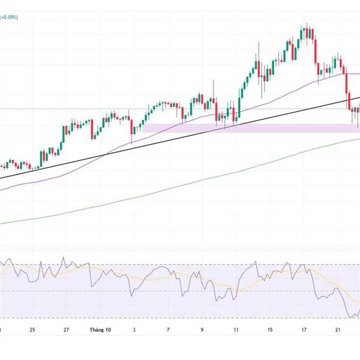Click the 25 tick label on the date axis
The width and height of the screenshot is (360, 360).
pyautogui.click(x=32, y=330)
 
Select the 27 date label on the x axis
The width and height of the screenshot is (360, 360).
pyautogui.click(x=67, y=330)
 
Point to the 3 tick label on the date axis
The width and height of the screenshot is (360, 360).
pyautogui.click(x=135, y=330)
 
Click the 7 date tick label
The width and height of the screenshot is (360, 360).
pyautogui.click(x=169, y=330)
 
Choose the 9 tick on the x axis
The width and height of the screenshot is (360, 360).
pyautogui.click(x=202, y=330)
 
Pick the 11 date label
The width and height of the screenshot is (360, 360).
pyautogui.click(x=236, y=330)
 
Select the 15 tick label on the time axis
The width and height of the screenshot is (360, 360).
pyautogui.click(x=271, y=330)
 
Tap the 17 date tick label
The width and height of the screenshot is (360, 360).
pyautogui.click(x=304, y=330)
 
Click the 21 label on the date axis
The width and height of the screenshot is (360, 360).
pyautogui.click(x=338, y=330)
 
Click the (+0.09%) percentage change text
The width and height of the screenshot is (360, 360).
pyautogui.click(x=9, y=17)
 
